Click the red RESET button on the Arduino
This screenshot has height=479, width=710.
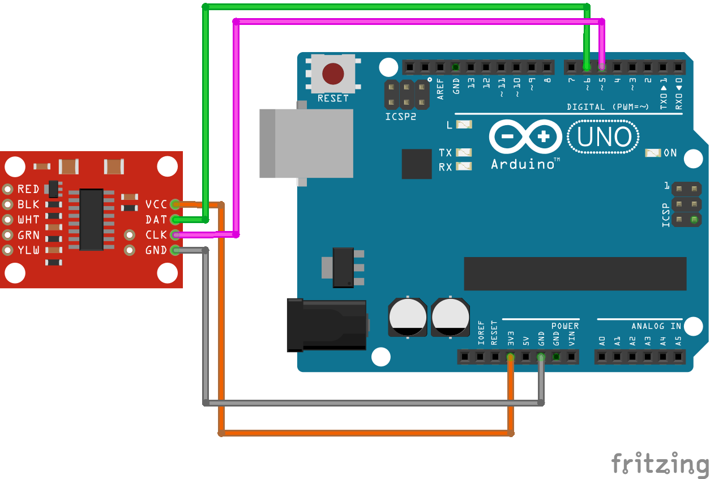333,74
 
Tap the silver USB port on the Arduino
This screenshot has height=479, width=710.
306,143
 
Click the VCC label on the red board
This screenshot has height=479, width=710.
156,204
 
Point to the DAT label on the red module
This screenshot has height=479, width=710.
156,220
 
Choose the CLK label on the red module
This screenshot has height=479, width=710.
156,235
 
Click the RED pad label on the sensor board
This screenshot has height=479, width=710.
28,189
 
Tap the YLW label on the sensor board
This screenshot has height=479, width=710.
28,250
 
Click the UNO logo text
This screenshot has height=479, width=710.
603,137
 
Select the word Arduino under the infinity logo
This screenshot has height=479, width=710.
523,164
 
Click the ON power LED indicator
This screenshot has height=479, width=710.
653,153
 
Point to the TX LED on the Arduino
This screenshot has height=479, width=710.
464,152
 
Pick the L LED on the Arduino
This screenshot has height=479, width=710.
464,125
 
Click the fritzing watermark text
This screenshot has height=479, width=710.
660,463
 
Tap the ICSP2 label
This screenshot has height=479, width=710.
400,117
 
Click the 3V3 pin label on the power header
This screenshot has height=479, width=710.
511,339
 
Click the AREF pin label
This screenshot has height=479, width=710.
441,89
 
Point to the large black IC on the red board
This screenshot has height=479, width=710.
91,220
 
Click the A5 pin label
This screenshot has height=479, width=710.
678,341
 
